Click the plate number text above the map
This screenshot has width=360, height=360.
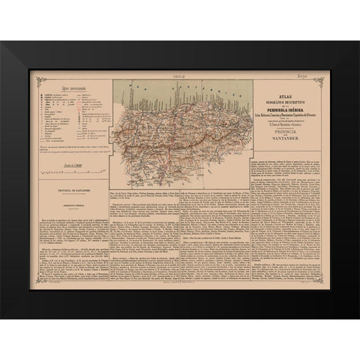pyautogui.click(x=179, y=77)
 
